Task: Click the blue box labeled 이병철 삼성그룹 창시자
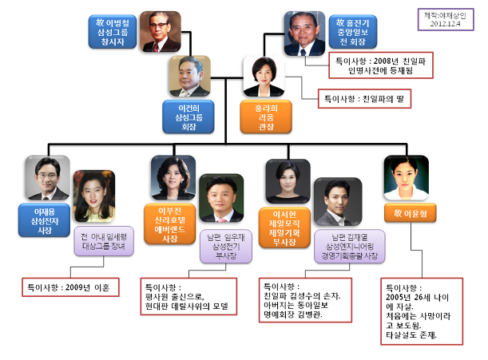pos(113,29)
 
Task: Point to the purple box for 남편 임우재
pos(220,253)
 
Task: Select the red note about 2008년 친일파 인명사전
pos(380,65)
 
